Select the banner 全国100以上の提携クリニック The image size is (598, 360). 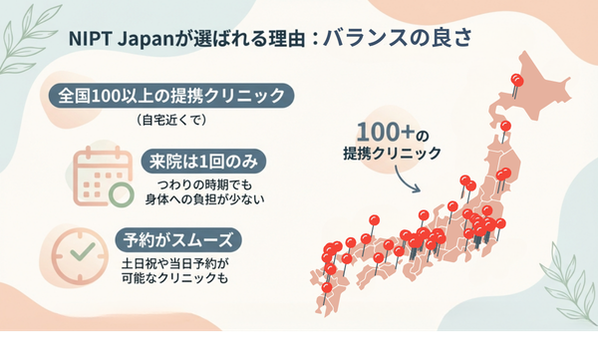point(170,97)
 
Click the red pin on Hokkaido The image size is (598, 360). point(516,81)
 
